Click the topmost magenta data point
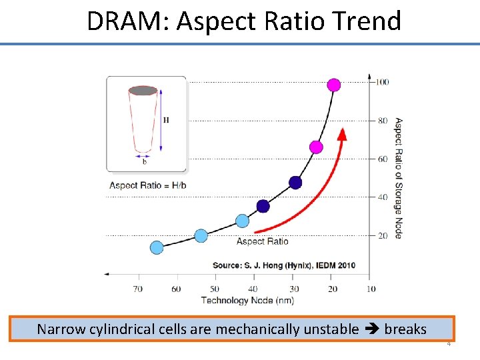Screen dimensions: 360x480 pyautogui.click(x=334, y=85)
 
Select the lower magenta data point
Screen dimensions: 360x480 pyautogui.click(x=317, y=147)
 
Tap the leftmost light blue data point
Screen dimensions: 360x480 pyautogui.click(x=157, y=248)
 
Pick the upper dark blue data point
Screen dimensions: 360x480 pyautogui.click(x=295, y=183)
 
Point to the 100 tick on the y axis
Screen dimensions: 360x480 pyautogui.click(x=382, y=82)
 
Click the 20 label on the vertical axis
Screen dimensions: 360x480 pyautogui.click(x=382, y=235)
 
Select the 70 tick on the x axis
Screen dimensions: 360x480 pyautogui.click(x=138, y=289)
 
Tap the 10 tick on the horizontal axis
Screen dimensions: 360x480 pyautogui.click(x=371, y=289)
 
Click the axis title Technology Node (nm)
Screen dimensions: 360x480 pyautogui.click(x=237, y=301)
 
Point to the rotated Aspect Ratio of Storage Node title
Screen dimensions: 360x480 pyautogui.click(x=398, y=178)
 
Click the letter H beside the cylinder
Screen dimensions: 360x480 pyautogui.click(x=166, y=120)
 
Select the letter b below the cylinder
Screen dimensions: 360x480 pyautogui.click(x=145, y=161)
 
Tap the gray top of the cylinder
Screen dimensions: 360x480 pyautogui.click(x=143, y=91)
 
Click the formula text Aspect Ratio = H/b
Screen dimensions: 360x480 pyautogui.click(x=148, y=185)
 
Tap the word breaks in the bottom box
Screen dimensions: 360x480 pyautogui.click(x=405, y=329)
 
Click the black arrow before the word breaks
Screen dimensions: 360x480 pyautogui.click(x=371, y=329)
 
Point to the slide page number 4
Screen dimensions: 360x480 pyautogui.click(x=449, y=344)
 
